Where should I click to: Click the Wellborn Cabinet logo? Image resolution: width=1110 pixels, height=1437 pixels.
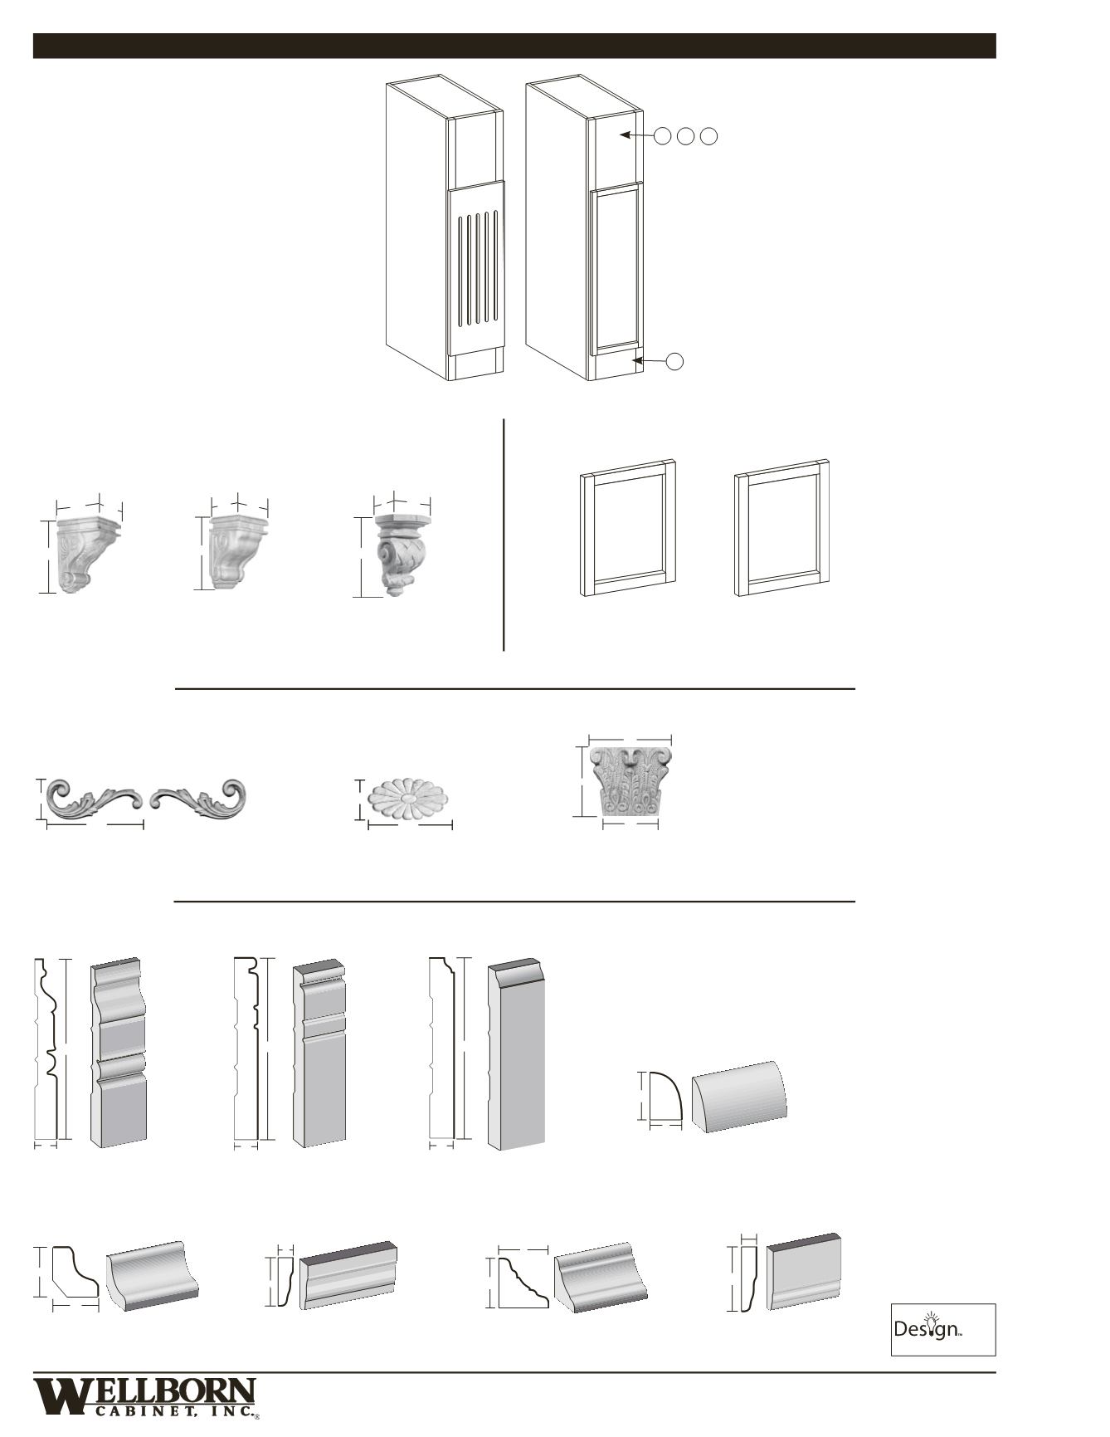(145, 1396)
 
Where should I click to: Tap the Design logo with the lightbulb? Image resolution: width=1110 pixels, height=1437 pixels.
(942, 1329)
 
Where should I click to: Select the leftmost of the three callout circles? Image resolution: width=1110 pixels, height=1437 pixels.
(662, 136)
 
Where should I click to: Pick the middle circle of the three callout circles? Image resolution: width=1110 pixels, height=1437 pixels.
(685, 136)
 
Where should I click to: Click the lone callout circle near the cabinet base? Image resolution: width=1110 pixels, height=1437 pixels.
(675, 360)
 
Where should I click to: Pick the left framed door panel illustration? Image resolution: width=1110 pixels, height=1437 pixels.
(628, 528)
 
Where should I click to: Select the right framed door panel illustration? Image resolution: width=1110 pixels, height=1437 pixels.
(782, 528)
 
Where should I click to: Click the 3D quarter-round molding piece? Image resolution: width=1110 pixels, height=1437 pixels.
(739, 1096)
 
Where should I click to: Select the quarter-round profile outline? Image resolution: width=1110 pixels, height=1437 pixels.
(664, 1097)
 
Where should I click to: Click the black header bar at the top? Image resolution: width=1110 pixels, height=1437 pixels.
(514, 46)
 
